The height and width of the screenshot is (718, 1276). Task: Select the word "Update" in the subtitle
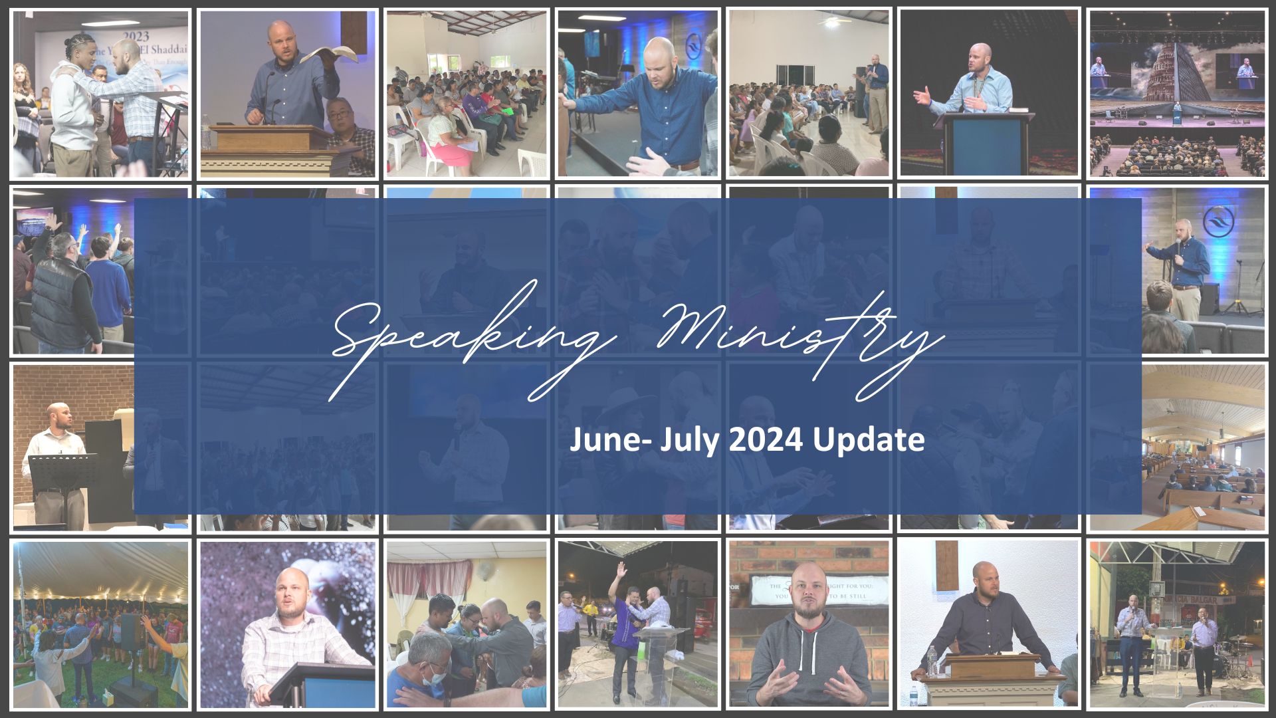click(x=870, y=441)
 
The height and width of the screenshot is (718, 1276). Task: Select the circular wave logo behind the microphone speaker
click(x=1218, y=219)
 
